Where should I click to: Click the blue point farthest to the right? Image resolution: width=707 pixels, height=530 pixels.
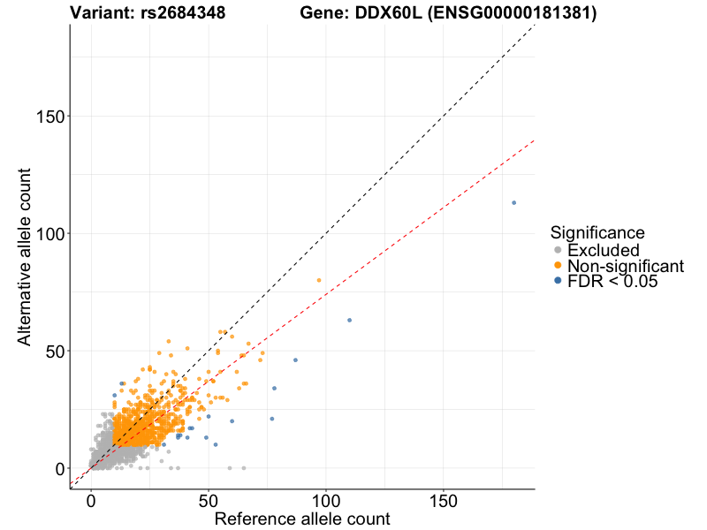513,202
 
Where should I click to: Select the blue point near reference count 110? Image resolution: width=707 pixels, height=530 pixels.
349,320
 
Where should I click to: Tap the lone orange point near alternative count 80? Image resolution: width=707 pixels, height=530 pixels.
319,280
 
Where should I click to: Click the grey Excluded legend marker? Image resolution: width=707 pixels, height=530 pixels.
557,250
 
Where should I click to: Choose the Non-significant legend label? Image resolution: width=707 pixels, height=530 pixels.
626,266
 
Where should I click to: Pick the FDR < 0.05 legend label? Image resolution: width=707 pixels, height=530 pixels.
612,282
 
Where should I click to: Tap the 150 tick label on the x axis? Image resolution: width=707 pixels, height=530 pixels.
443,500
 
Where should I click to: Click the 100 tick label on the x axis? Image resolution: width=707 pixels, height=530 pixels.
325,500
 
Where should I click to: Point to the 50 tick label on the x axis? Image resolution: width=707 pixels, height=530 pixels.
208,500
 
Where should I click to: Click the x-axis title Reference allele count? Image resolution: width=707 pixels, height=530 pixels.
302,519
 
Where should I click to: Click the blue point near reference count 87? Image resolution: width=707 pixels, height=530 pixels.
295,360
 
